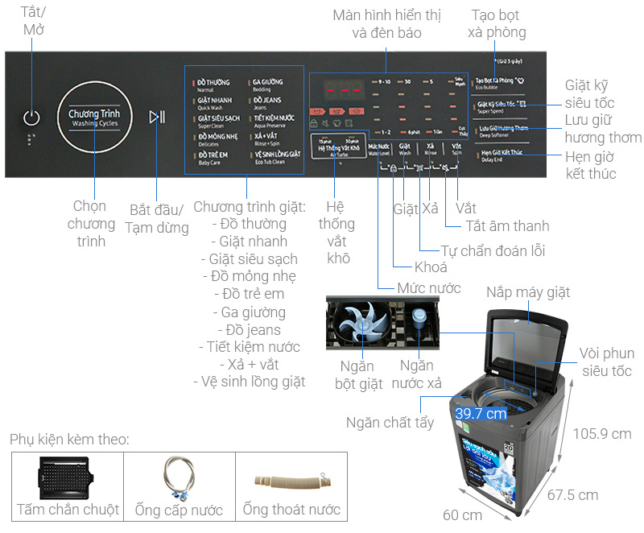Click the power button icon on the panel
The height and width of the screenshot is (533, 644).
click(x=31, y=118)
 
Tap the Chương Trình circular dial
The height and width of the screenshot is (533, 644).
click(x=94, y=118)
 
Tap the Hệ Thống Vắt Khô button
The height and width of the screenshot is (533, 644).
click(x=339, y=150)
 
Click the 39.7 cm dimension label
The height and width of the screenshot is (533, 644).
click(x=481, y=413)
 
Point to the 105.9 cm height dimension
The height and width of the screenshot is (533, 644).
click(x=602, y=433)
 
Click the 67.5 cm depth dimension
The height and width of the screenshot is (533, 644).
click(x=572, y=494)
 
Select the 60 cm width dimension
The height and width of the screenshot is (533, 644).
click(x=461, y=514)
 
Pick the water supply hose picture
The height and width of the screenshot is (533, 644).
click(x=180, y=477)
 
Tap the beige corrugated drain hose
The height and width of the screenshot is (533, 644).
click(x=291, y=481)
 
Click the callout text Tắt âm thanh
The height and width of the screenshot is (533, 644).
click(x=508, y=226)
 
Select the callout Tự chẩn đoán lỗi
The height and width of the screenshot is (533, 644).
click(x=493, y=250)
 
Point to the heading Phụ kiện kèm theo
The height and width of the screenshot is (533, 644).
click(x=70, y=440)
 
